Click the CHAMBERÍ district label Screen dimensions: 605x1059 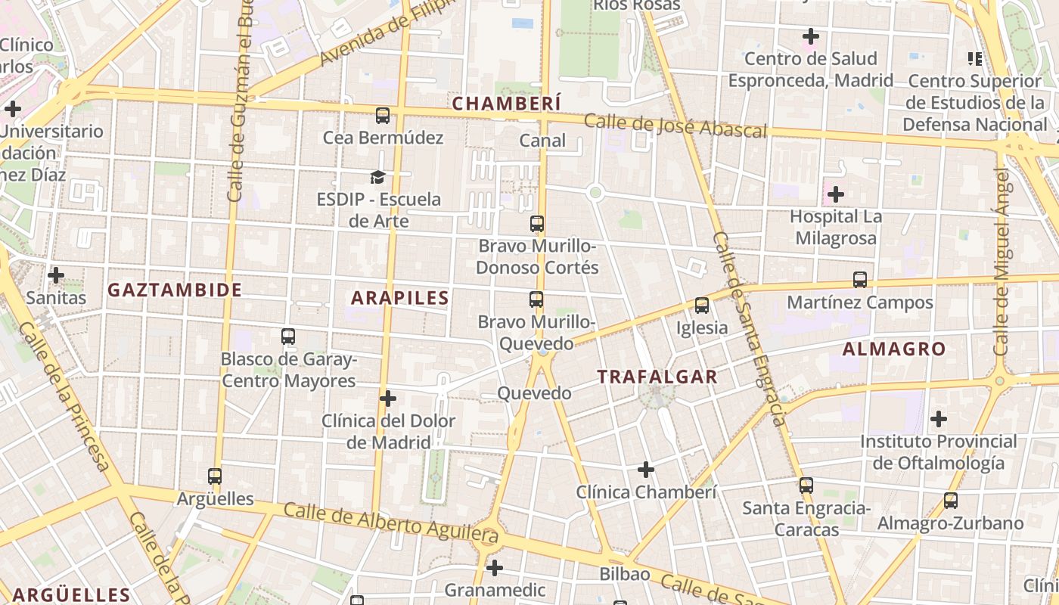click(x=506, y=103)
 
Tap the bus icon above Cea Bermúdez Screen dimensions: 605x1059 click(x=383, y=116)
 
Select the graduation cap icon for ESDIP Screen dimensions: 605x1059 click(x=377, y=177)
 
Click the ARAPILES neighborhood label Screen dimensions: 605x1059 click(x=400, y=298)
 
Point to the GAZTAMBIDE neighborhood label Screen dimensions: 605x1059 click(x=175, y=290)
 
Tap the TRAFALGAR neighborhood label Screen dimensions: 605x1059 click(x=657, y=377)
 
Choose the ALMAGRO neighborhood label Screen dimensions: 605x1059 click(x=893, y=349)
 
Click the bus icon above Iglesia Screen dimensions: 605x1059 click(x=702, y=306)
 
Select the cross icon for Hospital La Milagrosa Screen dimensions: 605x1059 click(x=835, y=194)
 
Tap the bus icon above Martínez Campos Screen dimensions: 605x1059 click(x=860, y=280)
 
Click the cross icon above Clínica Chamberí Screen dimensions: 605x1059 click(x=645, y=470)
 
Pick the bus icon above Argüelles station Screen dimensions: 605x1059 click(x=215, y=476)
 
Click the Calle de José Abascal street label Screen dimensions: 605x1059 click(x=675, y=126)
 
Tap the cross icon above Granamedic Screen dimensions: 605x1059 click(x=495, y=567)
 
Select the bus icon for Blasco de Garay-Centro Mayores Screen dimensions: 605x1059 click(x=287, y=337)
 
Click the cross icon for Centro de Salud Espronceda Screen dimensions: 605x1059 click(x=811, y=36)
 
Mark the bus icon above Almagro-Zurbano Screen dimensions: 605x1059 click(x=950, y=501)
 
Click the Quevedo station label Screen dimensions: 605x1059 click(x=534, y=393)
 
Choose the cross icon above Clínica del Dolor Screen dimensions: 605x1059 click(x=388, y=399)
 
